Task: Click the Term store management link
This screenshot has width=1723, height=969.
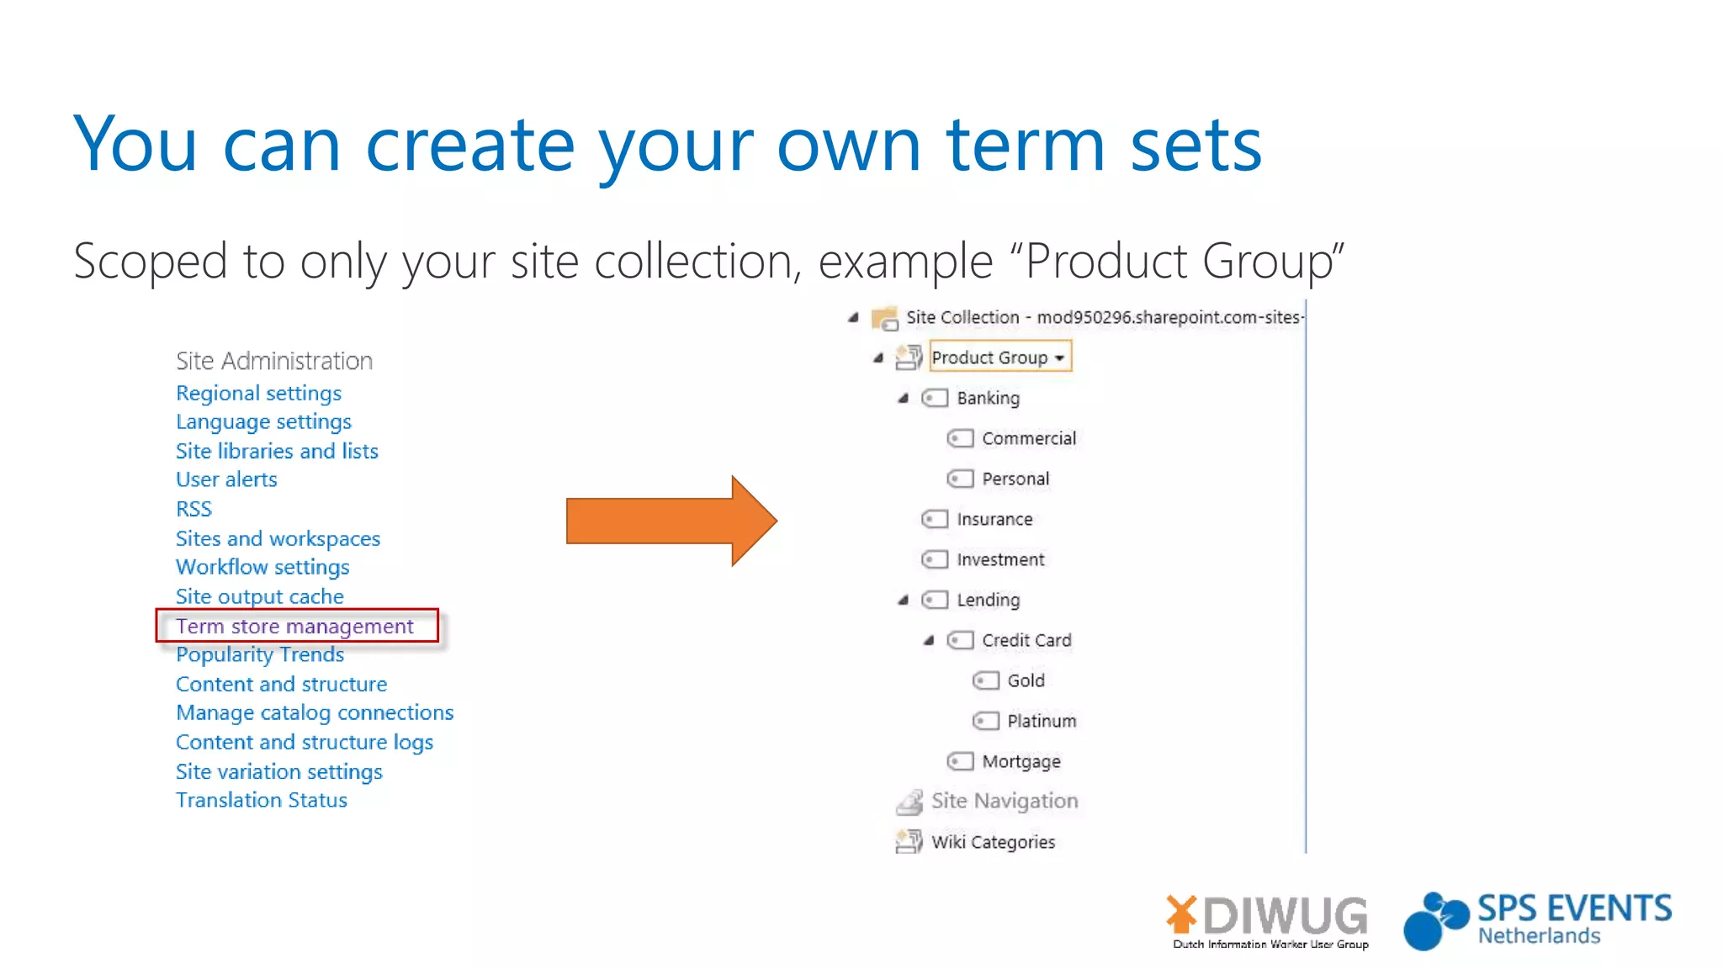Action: (294, 626)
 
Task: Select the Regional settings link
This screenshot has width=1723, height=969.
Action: (258, 393)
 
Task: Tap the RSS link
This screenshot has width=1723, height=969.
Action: (194, 509)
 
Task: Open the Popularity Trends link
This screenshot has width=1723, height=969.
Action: (260, 654)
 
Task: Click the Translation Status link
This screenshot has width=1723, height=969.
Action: (261, 800)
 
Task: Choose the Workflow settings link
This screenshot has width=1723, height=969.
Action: (262, 567)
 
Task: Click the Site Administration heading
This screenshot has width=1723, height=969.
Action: (274, 361)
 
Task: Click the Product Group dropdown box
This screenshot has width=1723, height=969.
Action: (999, 357)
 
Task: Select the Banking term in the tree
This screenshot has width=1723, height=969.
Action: (988, 398)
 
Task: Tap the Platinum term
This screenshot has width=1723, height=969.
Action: (1042, 721)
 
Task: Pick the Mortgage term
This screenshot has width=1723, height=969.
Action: (1021, 761)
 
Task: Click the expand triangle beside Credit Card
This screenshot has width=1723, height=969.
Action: (929, 640)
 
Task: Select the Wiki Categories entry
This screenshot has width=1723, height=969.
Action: (993, 842)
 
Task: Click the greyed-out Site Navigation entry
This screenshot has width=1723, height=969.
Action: (1004, 801)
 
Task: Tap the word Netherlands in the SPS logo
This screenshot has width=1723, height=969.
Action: (1539, 936)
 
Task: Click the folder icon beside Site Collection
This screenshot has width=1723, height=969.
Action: (884, 318)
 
